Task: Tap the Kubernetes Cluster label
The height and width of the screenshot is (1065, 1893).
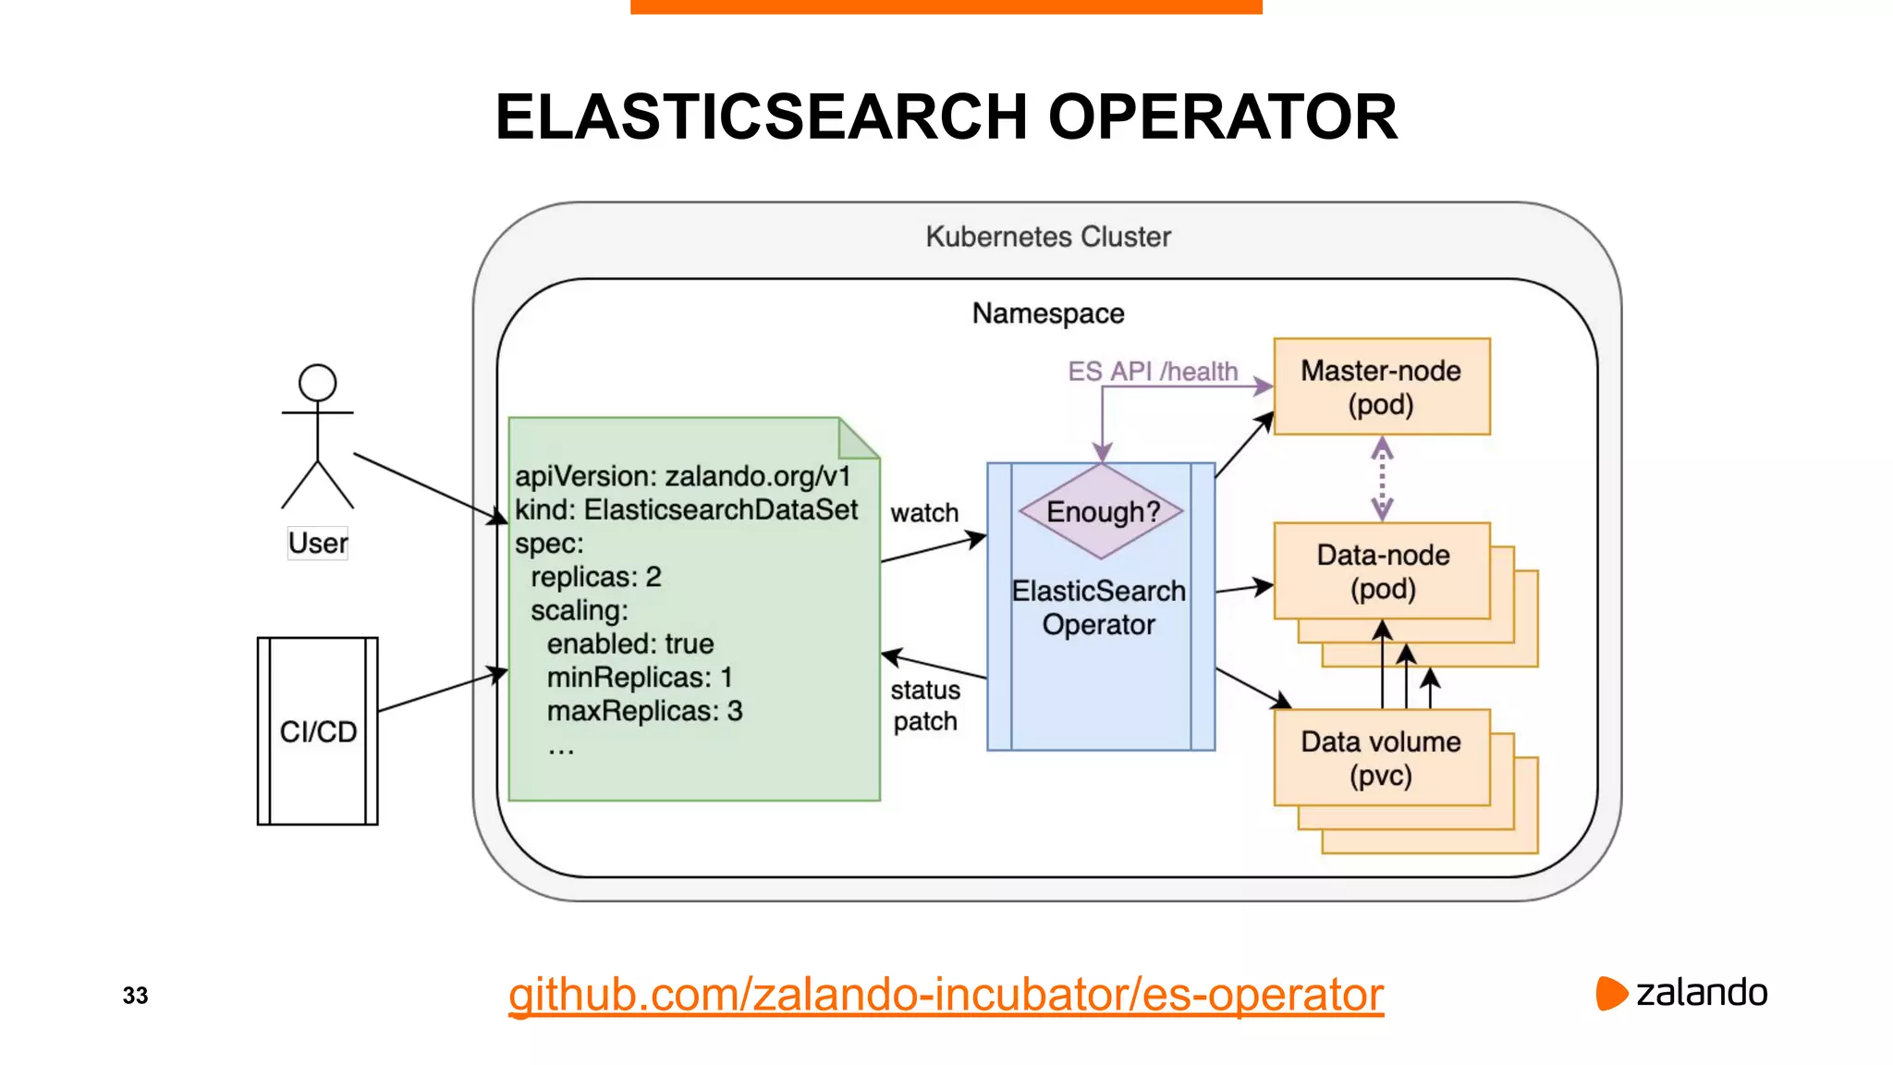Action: (x=1047, y=237)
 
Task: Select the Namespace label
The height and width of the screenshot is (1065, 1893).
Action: (x=1047, y=313)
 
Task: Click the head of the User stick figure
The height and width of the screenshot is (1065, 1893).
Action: (x=317, y=383)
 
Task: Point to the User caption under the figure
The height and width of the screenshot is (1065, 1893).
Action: (x=317, y=543)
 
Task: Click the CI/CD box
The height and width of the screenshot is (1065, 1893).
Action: (x=317, y=730)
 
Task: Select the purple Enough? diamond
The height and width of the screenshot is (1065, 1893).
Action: (x=1101, y=511)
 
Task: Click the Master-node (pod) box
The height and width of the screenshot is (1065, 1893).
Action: (x=1381, y=386)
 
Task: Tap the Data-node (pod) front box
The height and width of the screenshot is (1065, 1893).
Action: (x=1381, y=570)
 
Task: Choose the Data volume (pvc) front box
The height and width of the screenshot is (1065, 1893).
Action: (x=1381, y=757)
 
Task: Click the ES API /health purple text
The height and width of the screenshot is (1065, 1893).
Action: (x=1152, y=372)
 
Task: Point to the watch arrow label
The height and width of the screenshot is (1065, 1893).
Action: (x=923, y=513)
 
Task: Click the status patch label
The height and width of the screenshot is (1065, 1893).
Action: (x=924, y=705)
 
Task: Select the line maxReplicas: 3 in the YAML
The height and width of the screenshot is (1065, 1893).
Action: (x=644, y=711)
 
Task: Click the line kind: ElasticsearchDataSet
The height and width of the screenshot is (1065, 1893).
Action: (x=686, y=509)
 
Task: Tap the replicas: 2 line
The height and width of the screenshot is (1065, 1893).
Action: (x=595, y=577)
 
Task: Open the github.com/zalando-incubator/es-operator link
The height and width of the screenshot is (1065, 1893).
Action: (x=945, y=995)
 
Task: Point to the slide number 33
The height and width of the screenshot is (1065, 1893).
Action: (x=135, y=996)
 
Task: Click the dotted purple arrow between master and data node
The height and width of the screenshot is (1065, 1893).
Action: (x=1381, y=479)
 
